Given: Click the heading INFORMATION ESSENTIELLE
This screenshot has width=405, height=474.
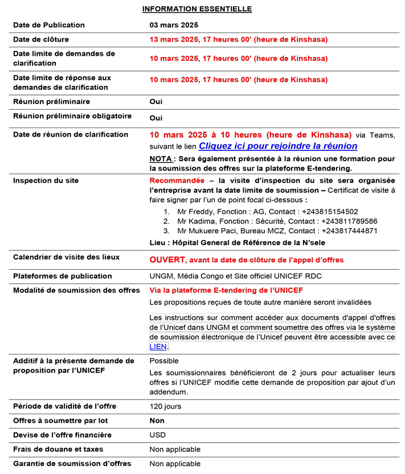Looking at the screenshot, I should point(197,9).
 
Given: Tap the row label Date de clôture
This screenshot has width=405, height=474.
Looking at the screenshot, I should point(41,39).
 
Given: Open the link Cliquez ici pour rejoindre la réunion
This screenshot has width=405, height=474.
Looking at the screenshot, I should point(278,146).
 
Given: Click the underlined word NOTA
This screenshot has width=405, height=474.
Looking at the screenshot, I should point(160,158).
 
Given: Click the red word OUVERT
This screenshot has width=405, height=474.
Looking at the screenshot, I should point(168,259).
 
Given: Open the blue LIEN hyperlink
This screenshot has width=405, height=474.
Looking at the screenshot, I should point(158,347).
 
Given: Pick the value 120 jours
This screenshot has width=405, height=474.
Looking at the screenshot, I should point(165,406).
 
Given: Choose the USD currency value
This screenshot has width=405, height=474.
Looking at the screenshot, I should point(158,435).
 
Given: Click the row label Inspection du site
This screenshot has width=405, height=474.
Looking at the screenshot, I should point(46,180).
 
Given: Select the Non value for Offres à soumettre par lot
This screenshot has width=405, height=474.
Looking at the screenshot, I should point(157,421).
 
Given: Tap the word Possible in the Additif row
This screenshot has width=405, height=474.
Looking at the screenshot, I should point(164,361).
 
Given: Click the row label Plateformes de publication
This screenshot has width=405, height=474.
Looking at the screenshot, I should point(63,276).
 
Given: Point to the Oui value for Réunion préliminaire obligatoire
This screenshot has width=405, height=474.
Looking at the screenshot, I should point(156,118).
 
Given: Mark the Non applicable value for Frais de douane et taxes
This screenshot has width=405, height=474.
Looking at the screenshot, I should point(175,450).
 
